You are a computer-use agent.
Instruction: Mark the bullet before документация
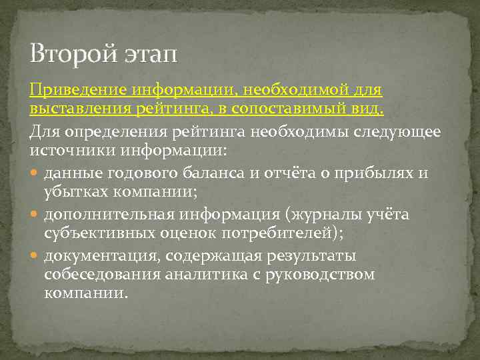pyautogui.click(x=35, y=256)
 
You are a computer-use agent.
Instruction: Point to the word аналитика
pyautogui.click(x=201, y=274)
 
